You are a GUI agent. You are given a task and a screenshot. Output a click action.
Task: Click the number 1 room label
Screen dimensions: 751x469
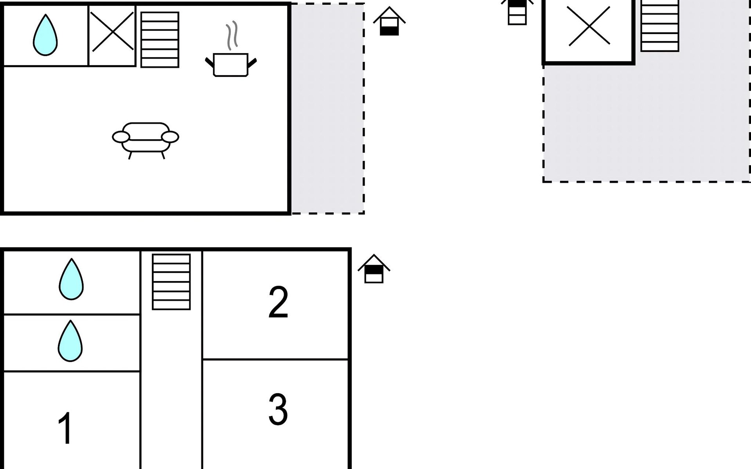pos(65,428)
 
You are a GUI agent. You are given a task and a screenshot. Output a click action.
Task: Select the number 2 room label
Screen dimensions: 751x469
pos(278,302)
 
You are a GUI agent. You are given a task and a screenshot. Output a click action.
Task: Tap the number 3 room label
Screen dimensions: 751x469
pos(278,409)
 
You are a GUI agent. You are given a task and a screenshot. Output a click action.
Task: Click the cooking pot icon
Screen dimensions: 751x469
pos(231,64)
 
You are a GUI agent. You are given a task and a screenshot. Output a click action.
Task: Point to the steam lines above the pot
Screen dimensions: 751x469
pos(232,36)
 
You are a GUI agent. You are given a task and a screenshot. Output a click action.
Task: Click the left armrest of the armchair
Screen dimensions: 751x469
pos(121,137)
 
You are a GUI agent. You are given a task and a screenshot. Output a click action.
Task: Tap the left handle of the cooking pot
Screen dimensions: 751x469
pos(210,63)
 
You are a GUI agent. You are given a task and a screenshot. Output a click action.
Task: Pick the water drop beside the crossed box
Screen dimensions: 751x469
pos(45,35)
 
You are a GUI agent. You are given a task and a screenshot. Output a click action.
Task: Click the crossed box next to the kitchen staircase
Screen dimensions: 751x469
pos(112,36)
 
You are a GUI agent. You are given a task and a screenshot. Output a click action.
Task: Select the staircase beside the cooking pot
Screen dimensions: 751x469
pos(160,40)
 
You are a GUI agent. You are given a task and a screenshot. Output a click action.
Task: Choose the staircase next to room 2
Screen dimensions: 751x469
pos(171,282)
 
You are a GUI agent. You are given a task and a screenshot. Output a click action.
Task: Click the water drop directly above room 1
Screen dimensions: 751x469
pos(70,341)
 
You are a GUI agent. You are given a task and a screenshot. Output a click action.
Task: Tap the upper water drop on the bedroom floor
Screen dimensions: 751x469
pos(71,279)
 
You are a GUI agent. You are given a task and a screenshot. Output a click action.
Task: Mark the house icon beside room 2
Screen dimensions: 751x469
pos(374,269)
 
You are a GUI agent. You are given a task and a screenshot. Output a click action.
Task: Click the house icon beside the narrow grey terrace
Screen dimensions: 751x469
pos(389,21)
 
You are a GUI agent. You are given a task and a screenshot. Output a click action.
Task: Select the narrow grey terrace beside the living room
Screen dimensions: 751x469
pos(328,109)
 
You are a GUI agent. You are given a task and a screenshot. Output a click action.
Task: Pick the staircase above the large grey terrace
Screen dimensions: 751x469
pos(660,26)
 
